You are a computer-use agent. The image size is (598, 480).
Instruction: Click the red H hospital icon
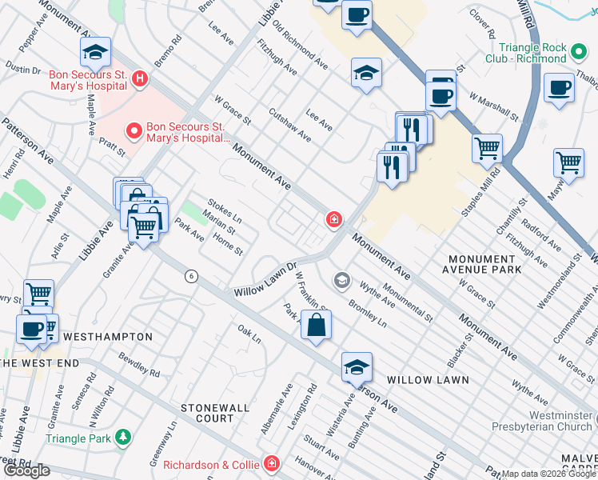141,78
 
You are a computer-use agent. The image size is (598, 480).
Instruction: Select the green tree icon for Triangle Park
122,438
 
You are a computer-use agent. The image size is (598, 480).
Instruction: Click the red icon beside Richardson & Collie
273,464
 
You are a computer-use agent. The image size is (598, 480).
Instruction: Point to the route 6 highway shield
190,276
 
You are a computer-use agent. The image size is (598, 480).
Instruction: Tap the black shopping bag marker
317,326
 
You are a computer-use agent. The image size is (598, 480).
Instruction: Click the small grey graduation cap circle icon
341,280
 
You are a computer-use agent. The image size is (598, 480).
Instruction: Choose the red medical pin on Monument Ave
333,219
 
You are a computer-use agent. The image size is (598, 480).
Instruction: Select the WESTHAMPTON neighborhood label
108,337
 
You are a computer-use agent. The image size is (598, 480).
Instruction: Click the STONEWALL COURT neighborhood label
207,413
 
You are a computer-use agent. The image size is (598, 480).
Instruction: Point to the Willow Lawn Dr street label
265,279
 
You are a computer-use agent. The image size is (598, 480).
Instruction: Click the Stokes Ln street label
225,211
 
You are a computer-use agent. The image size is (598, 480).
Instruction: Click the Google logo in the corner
26,470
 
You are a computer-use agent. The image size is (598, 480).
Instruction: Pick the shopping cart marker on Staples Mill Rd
487,147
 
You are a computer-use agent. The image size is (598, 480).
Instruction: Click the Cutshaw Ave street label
289,125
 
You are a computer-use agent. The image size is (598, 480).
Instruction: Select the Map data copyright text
548,474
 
